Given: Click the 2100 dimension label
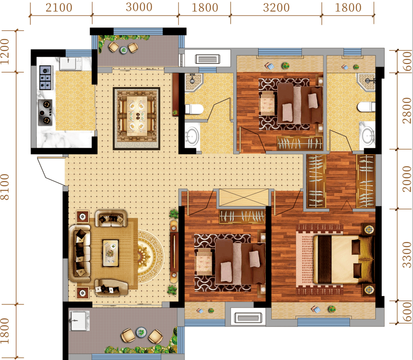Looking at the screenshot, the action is point(59,7).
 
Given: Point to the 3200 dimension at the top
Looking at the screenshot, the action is point(276,7).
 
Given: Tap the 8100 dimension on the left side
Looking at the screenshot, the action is point(5,187).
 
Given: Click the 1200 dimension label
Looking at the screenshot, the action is point(5,52).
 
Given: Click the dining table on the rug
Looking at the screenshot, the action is point(137,116).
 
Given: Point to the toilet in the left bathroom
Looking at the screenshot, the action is point(194,109).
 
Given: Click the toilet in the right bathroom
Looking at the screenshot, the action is point(366,107).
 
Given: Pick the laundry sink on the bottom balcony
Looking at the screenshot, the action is point(78,321).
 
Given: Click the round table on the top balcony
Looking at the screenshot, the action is point(123,49).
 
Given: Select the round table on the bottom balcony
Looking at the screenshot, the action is point(141,332).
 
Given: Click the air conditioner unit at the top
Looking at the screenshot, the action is point(207,59).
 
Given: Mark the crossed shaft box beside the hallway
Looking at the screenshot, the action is point(244,197).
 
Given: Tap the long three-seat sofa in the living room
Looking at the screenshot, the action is point(80,253).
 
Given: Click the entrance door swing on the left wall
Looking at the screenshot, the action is point(51,171).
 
